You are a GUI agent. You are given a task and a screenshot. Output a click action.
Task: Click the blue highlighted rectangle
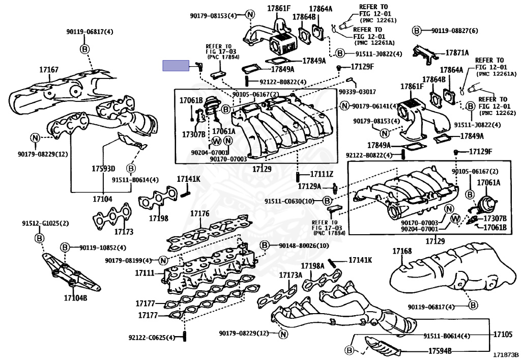(x=175, y=65)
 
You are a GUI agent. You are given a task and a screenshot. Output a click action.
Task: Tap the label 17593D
(x=103, y=169)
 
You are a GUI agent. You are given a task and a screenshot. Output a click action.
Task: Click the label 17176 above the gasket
(x=199, y=213)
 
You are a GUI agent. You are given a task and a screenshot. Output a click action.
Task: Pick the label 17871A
(x=457, y=52)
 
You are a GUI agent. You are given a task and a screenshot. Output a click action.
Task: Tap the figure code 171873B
(x=505, y=354)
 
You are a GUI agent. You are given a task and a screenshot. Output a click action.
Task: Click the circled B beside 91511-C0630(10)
(x=328, y=201)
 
